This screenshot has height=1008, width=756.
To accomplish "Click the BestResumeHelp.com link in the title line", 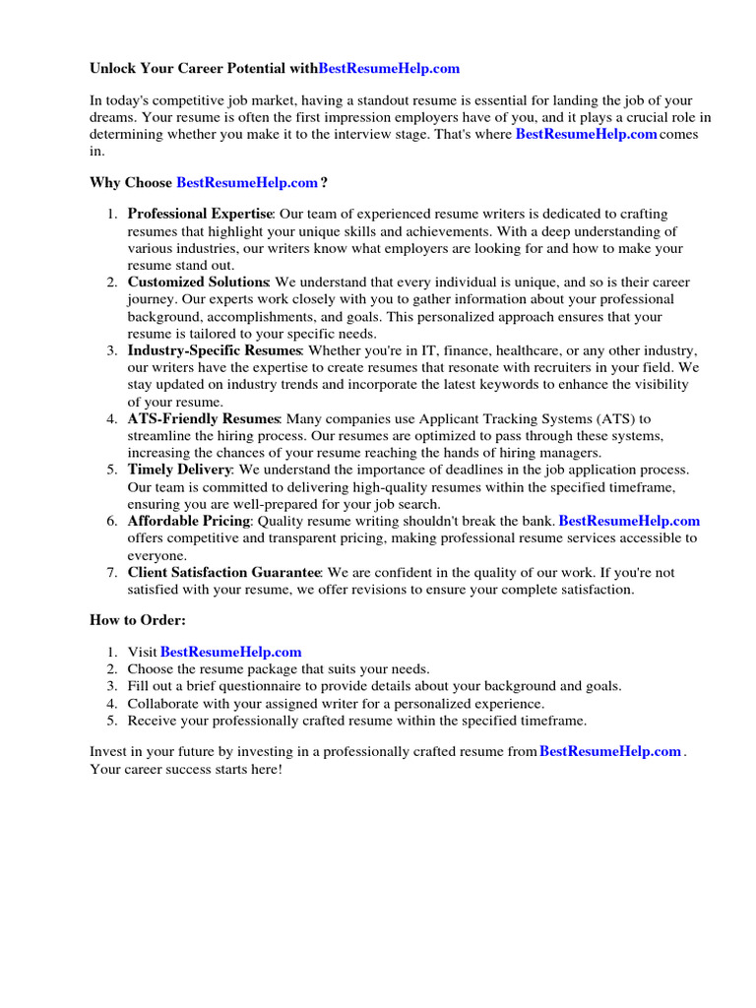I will pos(389,69).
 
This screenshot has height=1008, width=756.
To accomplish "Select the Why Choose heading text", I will pos(131,182).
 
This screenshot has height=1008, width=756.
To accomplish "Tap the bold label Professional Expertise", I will pos(200,214).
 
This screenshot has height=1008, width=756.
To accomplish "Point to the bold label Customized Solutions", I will pos(198,283).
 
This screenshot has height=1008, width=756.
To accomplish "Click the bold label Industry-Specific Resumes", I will pos(214,350).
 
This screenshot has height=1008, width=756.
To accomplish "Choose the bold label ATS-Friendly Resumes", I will pos(204,419).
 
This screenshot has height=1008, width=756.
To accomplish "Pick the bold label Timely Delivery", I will pos(179,470).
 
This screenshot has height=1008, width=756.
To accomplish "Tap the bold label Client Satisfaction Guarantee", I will pos(224,572).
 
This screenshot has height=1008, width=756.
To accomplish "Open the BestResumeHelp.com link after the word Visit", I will pos(230,652).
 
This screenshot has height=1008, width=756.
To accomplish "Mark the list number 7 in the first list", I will pos(111,572).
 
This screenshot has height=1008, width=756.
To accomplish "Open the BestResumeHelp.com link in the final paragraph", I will pos(610,751).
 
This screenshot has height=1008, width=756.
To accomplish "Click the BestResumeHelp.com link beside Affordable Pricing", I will pos(629,521).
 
